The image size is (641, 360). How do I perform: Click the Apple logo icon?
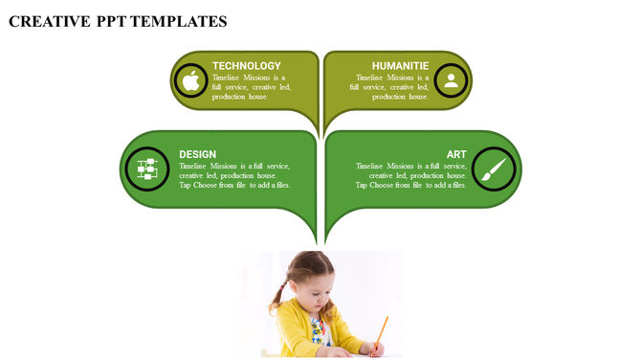coord(191,81)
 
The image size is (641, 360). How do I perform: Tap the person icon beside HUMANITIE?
coord(451,81)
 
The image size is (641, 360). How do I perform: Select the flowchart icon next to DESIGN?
coord(146,169)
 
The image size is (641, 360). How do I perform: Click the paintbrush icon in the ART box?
coord(494,169)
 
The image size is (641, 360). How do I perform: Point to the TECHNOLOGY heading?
coord(247,66)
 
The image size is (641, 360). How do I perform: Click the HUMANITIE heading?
coord(400,66)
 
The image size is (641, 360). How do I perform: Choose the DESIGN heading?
coord(197,154)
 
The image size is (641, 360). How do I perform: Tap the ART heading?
coord(456,154)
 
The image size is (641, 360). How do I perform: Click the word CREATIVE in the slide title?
coord(49,21)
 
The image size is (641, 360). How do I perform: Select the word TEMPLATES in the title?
coord(181,21)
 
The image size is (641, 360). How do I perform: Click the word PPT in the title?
coord(113,21)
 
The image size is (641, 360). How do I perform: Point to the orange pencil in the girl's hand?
coord(381,332)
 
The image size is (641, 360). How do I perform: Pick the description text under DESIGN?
coord(234,175)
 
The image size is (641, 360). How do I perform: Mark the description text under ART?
coord(411,175)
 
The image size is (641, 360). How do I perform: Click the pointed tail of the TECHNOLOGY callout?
coord(315,124)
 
